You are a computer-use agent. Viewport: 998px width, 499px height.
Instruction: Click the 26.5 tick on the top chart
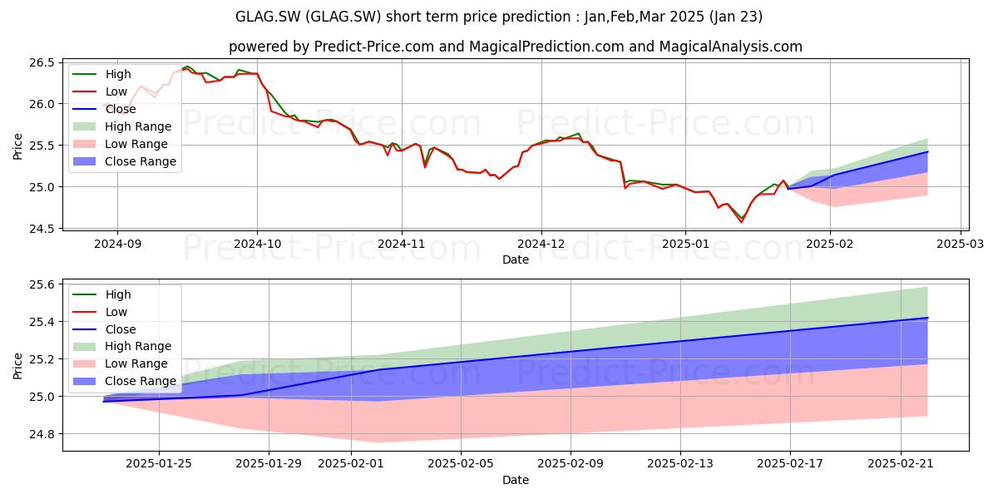42,62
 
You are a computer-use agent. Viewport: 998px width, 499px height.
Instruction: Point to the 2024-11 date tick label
402,244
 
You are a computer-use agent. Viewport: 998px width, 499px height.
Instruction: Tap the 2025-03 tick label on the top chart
960,244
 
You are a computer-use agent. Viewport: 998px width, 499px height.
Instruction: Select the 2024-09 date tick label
117,244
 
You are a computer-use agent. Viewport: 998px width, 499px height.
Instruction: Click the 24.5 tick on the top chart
42,229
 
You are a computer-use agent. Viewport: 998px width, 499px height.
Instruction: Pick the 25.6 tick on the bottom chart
42,284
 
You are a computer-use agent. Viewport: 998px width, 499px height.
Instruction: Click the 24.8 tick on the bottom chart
42,434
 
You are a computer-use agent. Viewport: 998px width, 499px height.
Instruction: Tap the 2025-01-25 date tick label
159,463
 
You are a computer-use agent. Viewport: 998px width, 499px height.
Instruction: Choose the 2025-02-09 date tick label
571,463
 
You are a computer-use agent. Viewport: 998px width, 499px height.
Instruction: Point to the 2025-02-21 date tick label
901,463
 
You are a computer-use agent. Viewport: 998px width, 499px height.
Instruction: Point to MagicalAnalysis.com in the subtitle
731,47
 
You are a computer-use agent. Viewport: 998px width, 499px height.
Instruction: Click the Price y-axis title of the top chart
17,146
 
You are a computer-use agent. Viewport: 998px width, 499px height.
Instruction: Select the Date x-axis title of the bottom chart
516,480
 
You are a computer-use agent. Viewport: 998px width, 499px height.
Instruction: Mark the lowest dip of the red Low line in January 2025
741,222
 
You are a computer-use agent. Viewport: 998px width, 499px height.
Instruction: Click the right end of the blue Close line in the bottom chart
928,318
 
